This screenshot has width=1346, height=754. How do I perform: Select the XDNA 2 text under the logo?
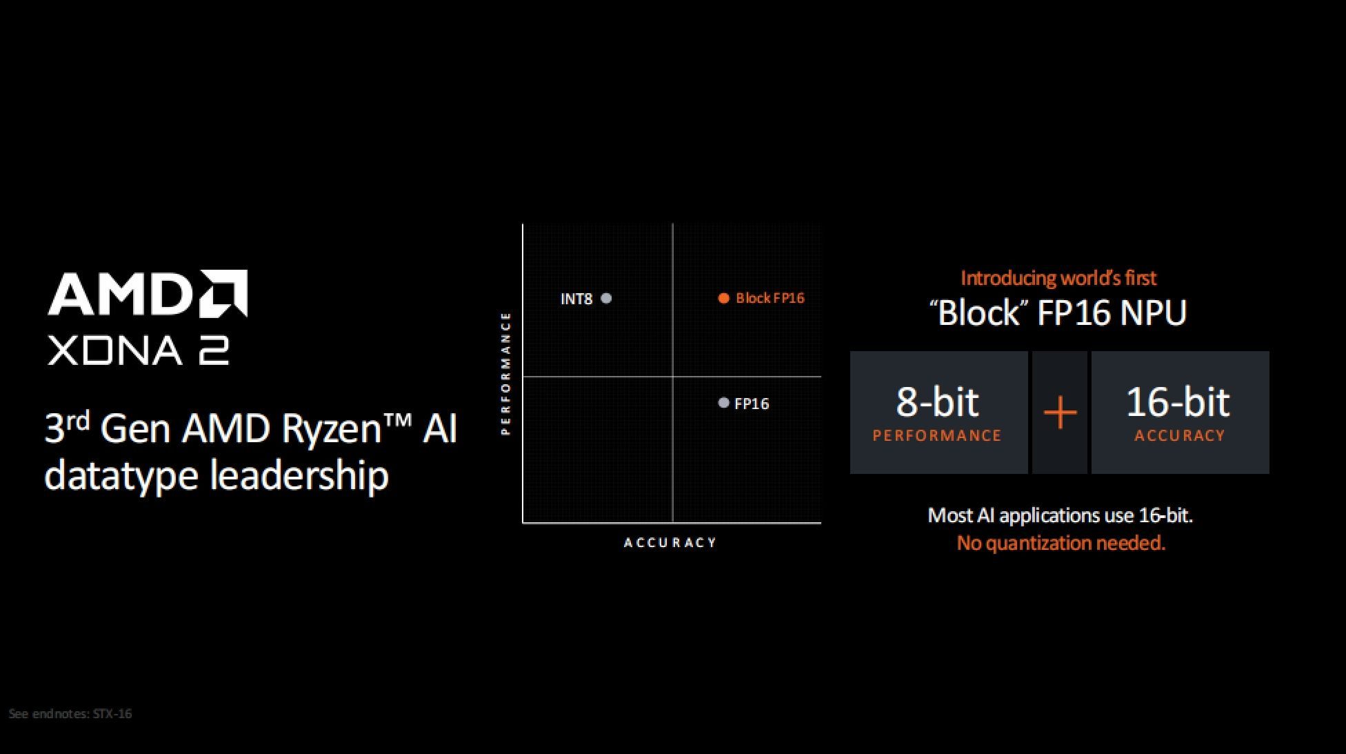click(138, 351)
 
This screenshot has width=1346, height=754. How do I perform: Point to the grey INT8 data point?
click(606, 299)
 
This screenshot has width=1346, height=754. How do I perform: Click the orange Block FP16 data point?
click(723, 298)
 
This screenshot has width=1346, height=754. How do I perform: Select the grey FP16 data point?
click(723, 403)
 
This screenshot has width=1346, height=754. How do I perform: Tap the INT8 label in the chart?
click(576, 299)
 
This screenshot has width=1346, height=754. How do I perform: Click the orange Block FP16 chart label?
click(770, 298)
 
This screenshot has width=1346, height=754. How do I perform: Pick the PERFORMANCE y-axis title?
click(505, 373)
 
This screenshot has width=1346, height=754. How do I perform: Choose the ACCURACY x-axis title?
click(670, 543)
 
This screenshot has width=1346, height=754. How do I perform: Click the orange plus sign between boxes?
click(1060, 413)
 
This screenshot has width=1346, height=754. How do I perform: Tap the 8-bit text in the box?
click(937, 401)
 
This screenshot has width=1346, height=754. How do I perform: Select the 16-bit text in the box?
click(1178, 401)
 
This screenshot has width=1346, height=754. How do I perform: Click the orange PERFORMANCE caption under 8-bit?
click(937, 436)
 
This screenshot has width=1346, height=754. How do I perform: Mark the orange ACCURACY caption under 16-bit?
click(1180, 436)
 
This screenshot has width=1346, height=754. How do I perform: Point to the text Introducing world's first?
click(1058, 278)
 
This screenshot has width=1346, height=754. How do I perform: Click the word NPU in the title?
click(1153, 312)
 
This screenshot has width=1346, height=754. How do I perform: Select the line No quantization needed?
click(1061, 544)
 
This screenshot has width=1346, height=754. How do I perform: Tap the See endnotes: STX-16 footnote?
click(70, 714)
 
